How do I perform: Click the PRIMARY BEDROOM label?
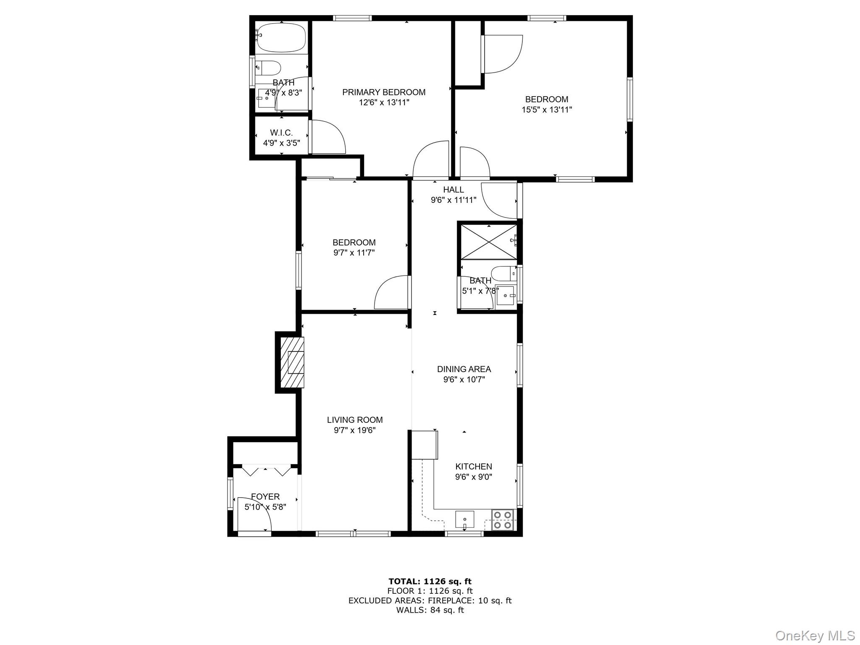[384, 92]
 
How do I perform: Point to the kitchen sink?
[464, 519]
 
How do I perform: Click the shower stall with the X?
[489, 242]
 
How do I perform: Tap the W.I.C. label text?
[281, 133]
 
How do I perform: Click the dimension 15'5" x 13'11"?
[547, 110]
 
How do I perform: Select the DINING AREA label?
[464, 369]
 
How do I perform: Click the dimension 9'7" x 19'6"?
[354, 430]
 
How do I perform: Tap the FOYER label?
[265, 497]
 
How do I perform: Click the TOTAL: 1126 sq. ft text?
[430, 582]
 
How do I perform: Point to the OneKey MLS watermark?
[815, 636]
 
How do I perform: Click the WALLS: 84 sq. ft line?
[430, 610]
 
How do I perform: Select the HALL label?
[454, 190]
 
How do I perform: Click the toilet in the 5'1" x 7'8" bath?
[504, 273]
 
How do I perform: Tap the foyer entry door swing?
[254, 514]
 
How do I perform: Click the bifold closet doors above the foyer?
[267, 470]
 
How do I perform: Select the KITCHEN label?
[474, 467]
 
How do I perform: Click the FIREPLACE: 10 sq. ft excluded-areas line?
[430, 600]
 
